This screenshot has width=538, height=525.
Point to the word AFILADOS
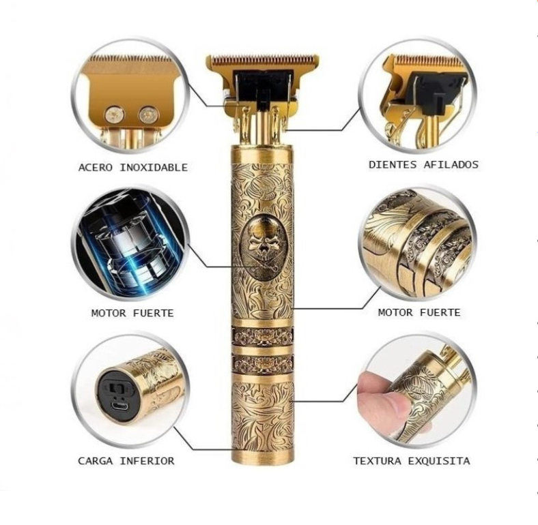click(x=451, y=164)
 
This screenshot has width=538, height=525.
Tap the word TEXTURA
click(x=377, y=461)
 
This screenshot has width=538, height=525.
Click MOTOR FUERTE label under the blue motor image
click(x=132, y=313)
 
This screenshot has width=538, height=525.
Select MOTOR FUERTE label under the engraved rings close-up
click(x=419, y=312)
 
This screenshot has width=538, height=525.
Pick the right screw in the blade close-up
click(x=147, y=114)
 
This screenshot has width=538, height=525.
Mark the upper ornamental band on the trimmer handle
click(x=262, y=336)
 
